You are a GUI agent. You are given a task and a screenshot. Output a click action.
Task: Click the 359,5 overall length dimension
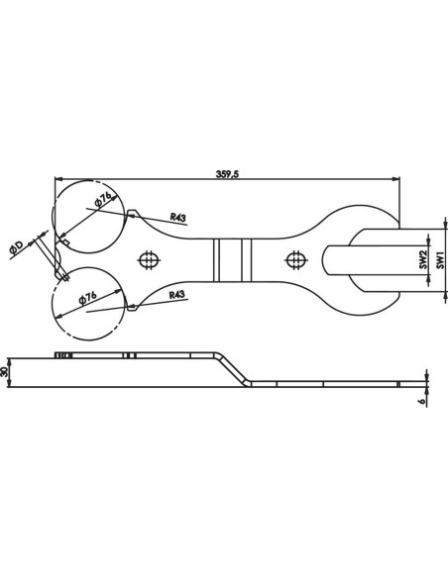[227, 174]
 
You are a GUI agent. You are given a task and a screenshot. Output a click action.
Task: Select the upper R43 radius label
[177, 217]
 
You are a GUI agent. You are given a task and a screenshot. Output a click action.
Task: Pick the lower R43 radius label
[176, 295]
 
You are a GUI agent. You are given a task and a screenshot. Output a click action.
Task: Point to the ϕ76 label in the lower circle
[88, 298]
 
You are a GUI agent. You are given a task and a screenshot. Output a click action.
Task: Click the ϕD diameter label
[17, 248]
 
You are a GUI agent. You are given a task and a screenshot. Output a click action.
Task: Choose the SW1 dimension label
[440, 260]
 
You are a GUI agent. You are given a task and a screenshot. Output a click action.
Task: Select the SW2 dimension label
[423, 259]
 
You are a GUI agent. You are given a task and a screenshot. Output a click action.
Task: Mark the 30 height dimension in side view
[5, 371]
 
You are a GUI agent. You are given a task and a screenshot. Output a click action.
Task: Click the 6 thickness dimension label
[423, 400]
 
